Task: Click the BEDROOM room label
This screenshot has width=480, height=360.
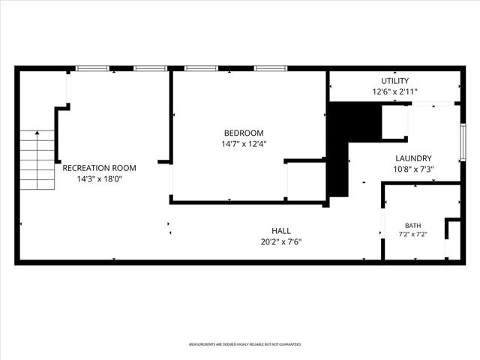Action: tap(244, 133)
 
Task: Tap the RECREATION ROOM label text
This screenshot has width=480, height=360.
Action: tap(99, 168)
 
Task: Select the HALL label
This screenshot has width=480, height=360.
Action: tap(281, 231)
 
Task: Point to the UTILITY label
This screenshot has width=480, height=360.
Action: tap(395, 81)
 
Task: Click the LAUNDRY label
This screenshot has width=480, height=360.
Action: tap(413, 158)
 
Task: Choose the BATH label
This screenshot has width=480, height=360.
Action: tap(412, 226)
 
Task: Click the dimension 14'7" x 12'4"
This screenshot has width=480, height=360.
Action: tap(244, 144)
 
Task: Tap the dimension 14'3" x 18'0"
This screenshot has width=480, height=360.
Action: tap(99, 178)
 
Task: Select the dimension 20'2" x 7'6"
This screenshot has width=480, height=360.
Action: tap(281, 241)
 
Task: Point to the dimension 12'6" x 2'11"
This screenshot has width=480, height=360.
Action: tap(395, 91)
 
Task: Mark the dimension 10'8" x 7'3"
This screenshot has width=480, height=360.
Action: tap(413, 169)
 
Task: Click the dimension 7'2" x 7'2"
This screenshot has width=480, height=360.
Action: tap(412, 235)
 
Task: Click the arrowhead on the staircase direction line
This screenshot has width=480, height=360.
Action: tap(37, 133)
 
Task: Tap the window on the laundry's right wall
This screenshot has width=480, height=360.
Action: tap(463, 142)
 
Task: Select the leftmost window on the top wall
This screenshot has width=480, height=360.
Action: tap(92, 68)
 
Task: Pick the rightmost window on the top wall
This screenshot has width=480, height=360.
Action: tap(271, 68)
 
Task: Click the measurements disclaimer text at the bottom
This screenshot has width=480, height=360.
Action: tap(245, 344)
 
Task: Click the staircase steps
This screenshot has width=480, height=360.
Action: tap(37, 160)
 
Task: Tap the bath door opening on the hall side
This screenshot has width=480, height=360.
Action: tap(382, 223)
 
